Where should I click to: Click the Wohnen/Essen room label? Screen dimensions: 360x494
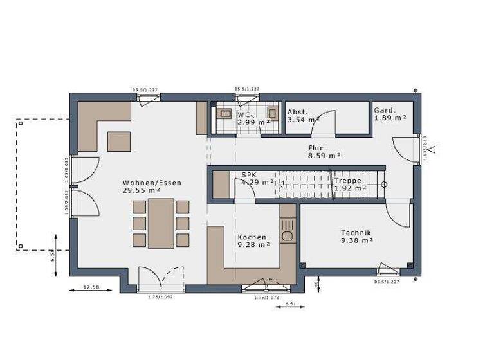tap(152, 183)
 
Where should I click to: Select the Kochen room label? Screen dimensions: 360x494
tap(252, 237)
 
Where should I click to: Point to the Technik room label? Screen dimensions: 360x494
tap(356, 233)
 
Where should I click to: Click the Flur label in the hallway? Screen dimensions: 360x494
tap(315, 148)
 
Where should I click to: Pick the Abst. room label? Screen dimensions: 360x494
tap(298, 111)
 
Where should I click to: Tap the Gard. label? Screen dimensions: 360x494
tap(385, 110)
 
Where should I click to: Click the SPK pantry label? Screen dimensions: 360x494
tap(248, 175)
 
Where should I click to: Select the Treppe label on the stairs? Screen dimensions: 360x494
tap(348, 181)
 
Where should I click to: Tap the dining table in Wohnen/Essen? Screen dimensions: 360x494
tap(161, 223)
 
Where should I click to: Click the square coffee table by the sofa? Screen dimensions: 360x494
tap(118, 141)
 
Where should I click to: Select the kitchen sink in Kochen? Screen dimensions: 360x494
tap(288, 235)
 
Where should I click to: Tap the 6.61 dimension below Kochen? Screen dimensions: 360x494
tap(290, 303)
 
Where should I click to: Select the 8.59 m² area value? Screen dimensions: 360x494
tap(324, 156)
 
